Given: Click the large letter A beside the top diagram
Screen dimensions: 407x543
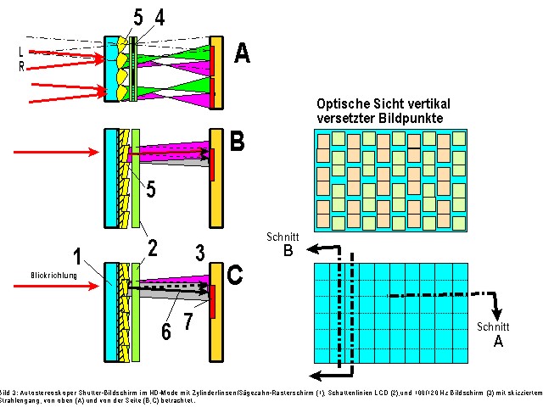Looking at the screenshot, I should [x=243, y=53].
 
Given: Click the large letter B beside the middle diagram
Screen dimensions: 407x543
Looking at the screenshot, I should [x=238, y=141].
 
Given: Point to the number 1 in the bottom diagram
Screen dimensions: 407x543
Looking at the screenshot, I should [x=100, y=255].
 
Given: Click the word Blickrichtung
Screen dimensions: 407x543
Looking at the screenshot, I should [x=53, y=276].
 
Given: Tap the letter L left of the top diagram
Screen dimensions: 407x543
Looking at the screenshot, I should [x=22, y=52].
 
